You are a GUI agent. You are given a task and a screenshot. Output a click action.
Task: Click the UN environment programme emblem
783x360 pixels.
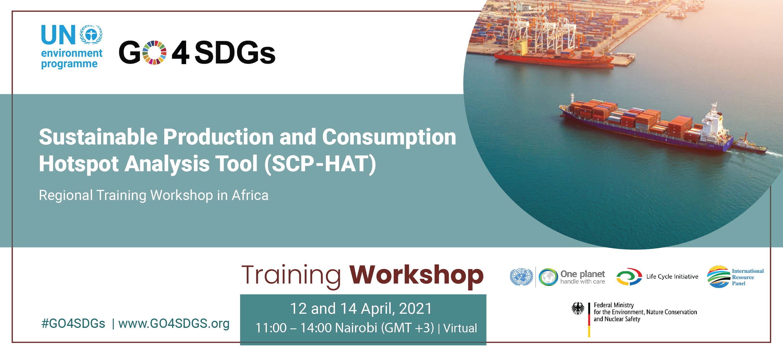(x=91, y=34)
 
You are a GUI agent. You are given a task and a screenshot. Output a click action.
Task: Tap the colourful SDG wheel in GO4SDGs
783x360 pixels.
(x=154, y=52)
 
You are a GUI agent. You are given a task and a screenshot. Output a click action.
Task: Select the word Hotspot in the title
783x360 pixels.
(x=78, y=164)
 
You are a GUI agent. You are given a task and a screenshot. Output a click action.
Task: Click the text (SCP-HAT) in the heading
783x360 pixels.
(x=320, y=164)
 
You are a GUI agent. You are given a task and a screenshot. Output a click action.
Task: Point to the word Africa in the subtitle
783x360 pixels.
(x=250, y=195)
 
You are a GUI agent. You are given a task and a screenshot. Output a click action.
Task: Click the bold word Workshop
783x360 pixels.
(x=416, y=275)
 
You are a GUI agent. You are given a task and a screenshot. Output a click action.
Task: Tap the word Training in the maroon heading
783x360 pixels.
(x=291, y=275)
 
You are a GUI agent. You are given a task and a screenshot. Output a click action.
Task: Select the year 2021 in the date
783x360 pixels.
(x=415, y=309)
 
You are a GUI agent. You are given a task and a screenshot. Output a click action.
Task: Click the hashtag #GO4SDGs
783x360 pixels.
(x=73, y=324)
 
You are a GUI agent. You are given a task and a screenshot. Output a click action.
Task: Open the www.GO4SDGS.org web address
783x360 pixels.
(x=174, y=324)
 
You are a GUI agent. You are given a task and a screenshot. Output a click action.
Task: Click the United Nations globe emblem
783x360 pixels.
(x=521, y=277)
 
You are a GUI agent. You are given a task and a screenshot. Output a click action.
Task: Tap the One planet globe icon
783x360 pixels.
(x=548, y=277)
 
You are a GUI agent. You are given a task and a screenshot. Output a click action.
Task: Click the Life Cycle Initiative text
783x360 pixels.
(x=672, y=277)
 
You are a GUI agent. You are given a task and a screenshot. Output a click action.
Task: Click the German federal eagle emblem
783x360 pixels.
(x=578, y=308)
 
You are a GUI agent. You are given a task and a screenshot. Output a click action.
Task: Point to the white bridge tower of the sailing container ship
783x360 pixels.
(x=713, y=122)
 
